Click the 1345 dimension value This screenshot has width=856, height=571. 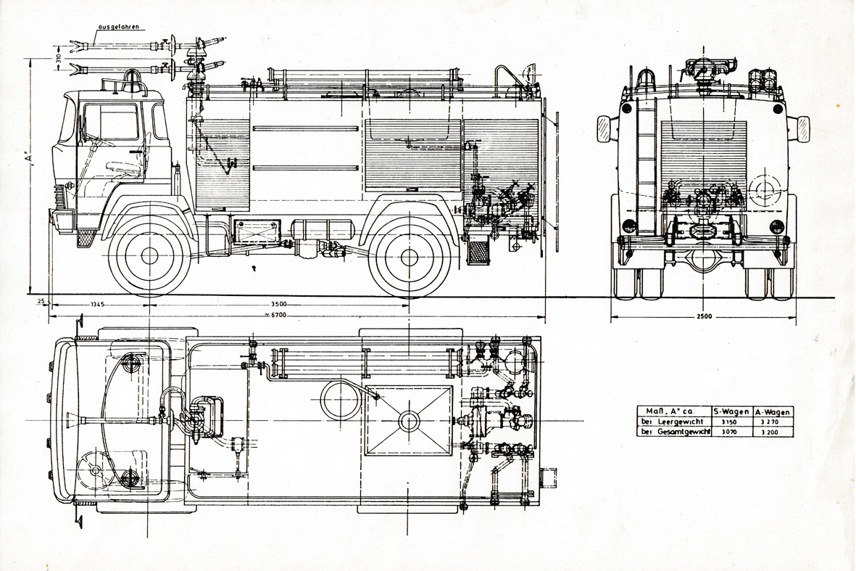(x=99, y=304)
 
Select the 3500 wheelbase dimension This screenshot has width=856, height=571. (x=279, y=304)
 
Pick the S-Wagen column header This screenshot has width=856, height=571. (x=731, y=411)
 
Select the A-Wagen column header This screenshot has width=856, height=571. (x=773, y=411)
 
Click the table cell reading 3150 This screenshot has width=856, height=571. (x=729, y=422)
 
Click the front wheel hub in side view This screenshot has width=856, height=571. (x=149, y=255)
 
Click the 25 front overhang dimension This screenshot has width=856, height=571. (x=41, y=300)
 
